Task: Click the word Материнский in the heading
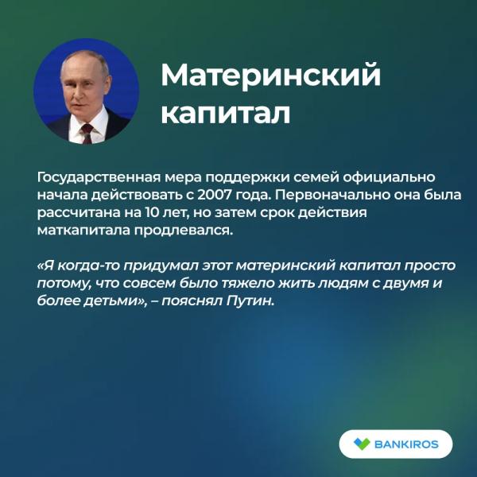[270, 77]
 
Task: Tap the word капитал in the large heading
[225, 112]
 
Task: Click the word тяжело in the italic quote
[221, 284]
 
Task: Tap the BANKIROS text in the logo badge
[406, 444]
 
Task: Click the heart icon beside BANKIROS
[361, 444]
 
